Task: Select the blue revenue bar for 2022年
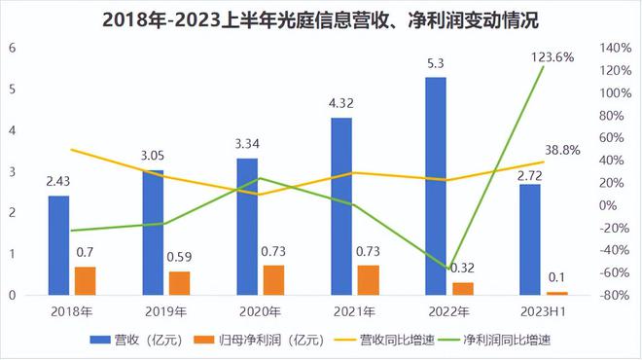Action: (x=436, y=185)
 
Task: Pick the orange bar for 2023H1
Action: (x=557, y=292)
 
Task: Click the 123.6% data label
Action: (x=552, y=57)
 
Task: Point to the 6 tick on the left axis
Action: (x=12, y=48)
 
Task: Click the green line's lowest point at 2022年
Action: (x=447, y=268)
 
